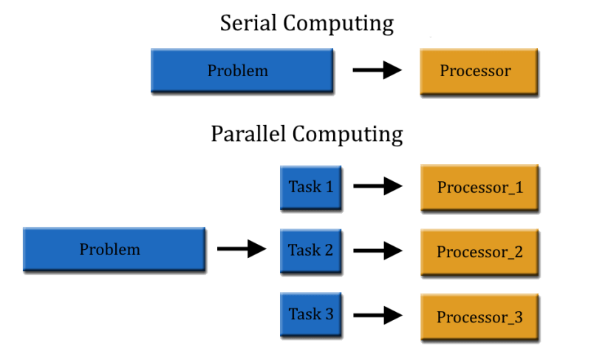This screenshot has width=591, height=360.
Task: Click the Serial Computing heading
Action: coord(307,24)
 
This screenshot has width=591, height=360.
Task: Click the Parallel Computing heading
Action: coord(307,135)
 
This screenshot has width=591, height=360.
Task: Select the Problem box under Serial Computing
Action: coord(242,72)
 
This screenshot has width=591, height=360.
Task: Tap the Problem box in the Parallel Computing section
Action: coord(113,250)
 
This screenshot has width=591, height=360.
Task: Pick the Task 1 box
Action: coord(310,187)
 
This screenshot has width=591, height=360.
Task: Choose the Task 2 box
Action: coord(310,251)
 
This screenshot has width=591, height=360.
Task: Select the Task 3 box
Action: coord(310,314)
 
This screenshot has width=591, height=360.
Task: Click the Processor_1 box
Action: coord(479,188)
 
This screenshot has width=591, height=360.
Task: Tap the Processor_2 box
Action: coord(479,252)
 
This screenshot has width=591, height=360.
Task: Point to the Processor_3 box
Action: coord(479,317)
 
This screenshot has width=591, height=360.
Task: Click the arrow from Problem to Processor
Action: coord(378,71)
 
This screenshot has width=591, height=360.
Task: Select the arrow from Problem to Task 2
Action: coord(242,249)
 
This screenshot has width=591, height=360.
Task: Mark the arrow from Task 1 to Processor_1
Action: coord(378,187)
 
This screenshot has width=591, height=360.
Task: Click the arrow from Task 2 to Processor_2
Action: coord(378,251)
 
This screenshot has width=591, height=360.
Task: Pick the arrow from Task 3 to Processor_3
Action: coord(378,316)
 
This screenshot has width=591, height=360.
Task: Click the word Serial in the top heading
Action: coord(249,24)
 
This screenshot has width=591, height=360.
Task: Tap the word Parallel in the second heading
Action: coord(248,135)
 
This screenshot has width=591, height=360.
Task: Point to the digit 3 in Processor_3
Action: coord(517,317)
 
